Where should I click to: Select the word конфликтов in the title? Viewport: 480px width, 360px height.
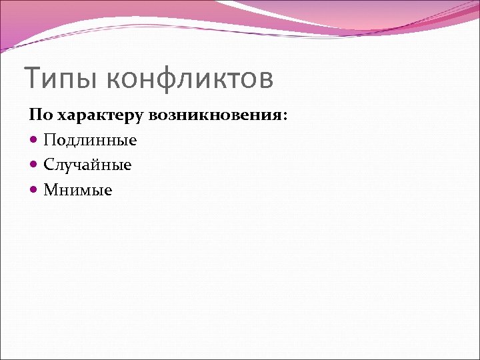tap(190, 79)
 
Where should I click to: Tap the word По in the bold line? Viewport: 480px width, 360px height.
tap(40, 115)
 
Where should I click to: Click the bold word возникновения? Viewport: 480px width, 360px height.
tap(216, 115)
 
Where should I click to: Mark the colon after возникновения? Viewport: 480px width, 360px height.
tap(286, 116)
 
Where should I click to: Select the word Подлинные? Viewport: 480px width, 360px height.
tap(90, 141)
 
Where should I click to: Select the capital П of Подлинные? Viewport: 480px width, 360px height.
tap(49, 140)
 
